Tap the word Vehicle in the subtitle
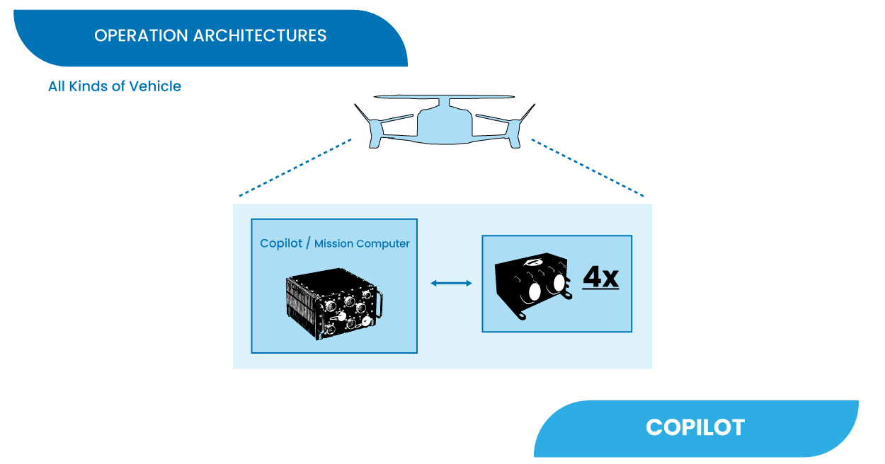(x=155, y=86)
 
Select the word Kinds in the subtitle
(x=87, y=86)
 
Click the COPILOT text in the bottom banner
(x=695, y=427)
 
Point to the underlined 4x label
(x=600, y=278)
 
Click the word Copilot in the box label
(x=281, y=243)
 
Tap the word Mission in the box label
(x=334, y=244)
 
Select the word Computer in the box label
(x=383, y=244)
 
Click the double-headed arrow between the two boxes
(x=451, y=284)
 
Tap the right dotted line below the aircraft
(x=588, y=168)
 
